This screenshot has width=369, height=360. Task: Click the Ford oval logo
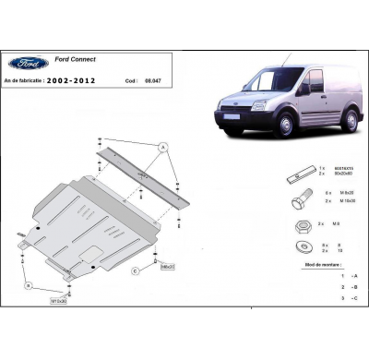(29, 64)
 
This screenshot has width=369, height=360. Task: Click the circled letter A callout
(162, 148)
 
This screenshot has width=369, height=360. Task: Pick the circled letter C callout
(134, 270)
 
